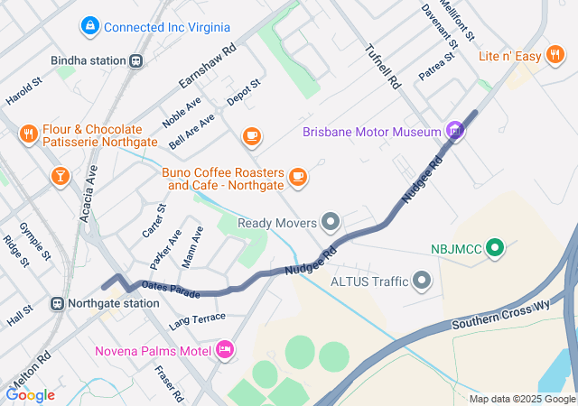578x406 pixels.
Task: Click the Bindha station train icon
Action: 135,61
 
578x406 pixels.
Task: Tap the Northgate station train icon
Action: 58,304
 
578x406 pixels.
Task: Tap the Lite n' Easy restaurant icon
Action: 556,57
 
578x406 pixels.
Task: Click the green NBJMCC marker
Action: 494,246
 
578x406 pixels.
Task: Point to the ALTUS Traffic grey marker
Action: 422,281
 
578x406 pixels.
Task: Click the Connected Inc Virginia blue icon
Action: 89,27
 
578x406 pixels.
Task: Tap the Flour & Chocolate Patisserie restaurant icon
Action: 28,136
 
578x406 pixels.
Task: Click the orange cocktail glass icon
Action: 60,175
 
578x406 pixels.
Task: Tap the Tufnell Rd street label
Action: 383,67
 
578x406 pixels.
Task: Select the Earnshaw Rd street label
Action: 207,65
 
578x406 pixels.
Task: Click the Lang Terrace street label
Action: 197,318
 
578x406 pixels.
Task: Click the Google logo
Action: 31,395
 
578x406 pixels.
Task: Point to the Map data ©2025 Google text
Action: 522,399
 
